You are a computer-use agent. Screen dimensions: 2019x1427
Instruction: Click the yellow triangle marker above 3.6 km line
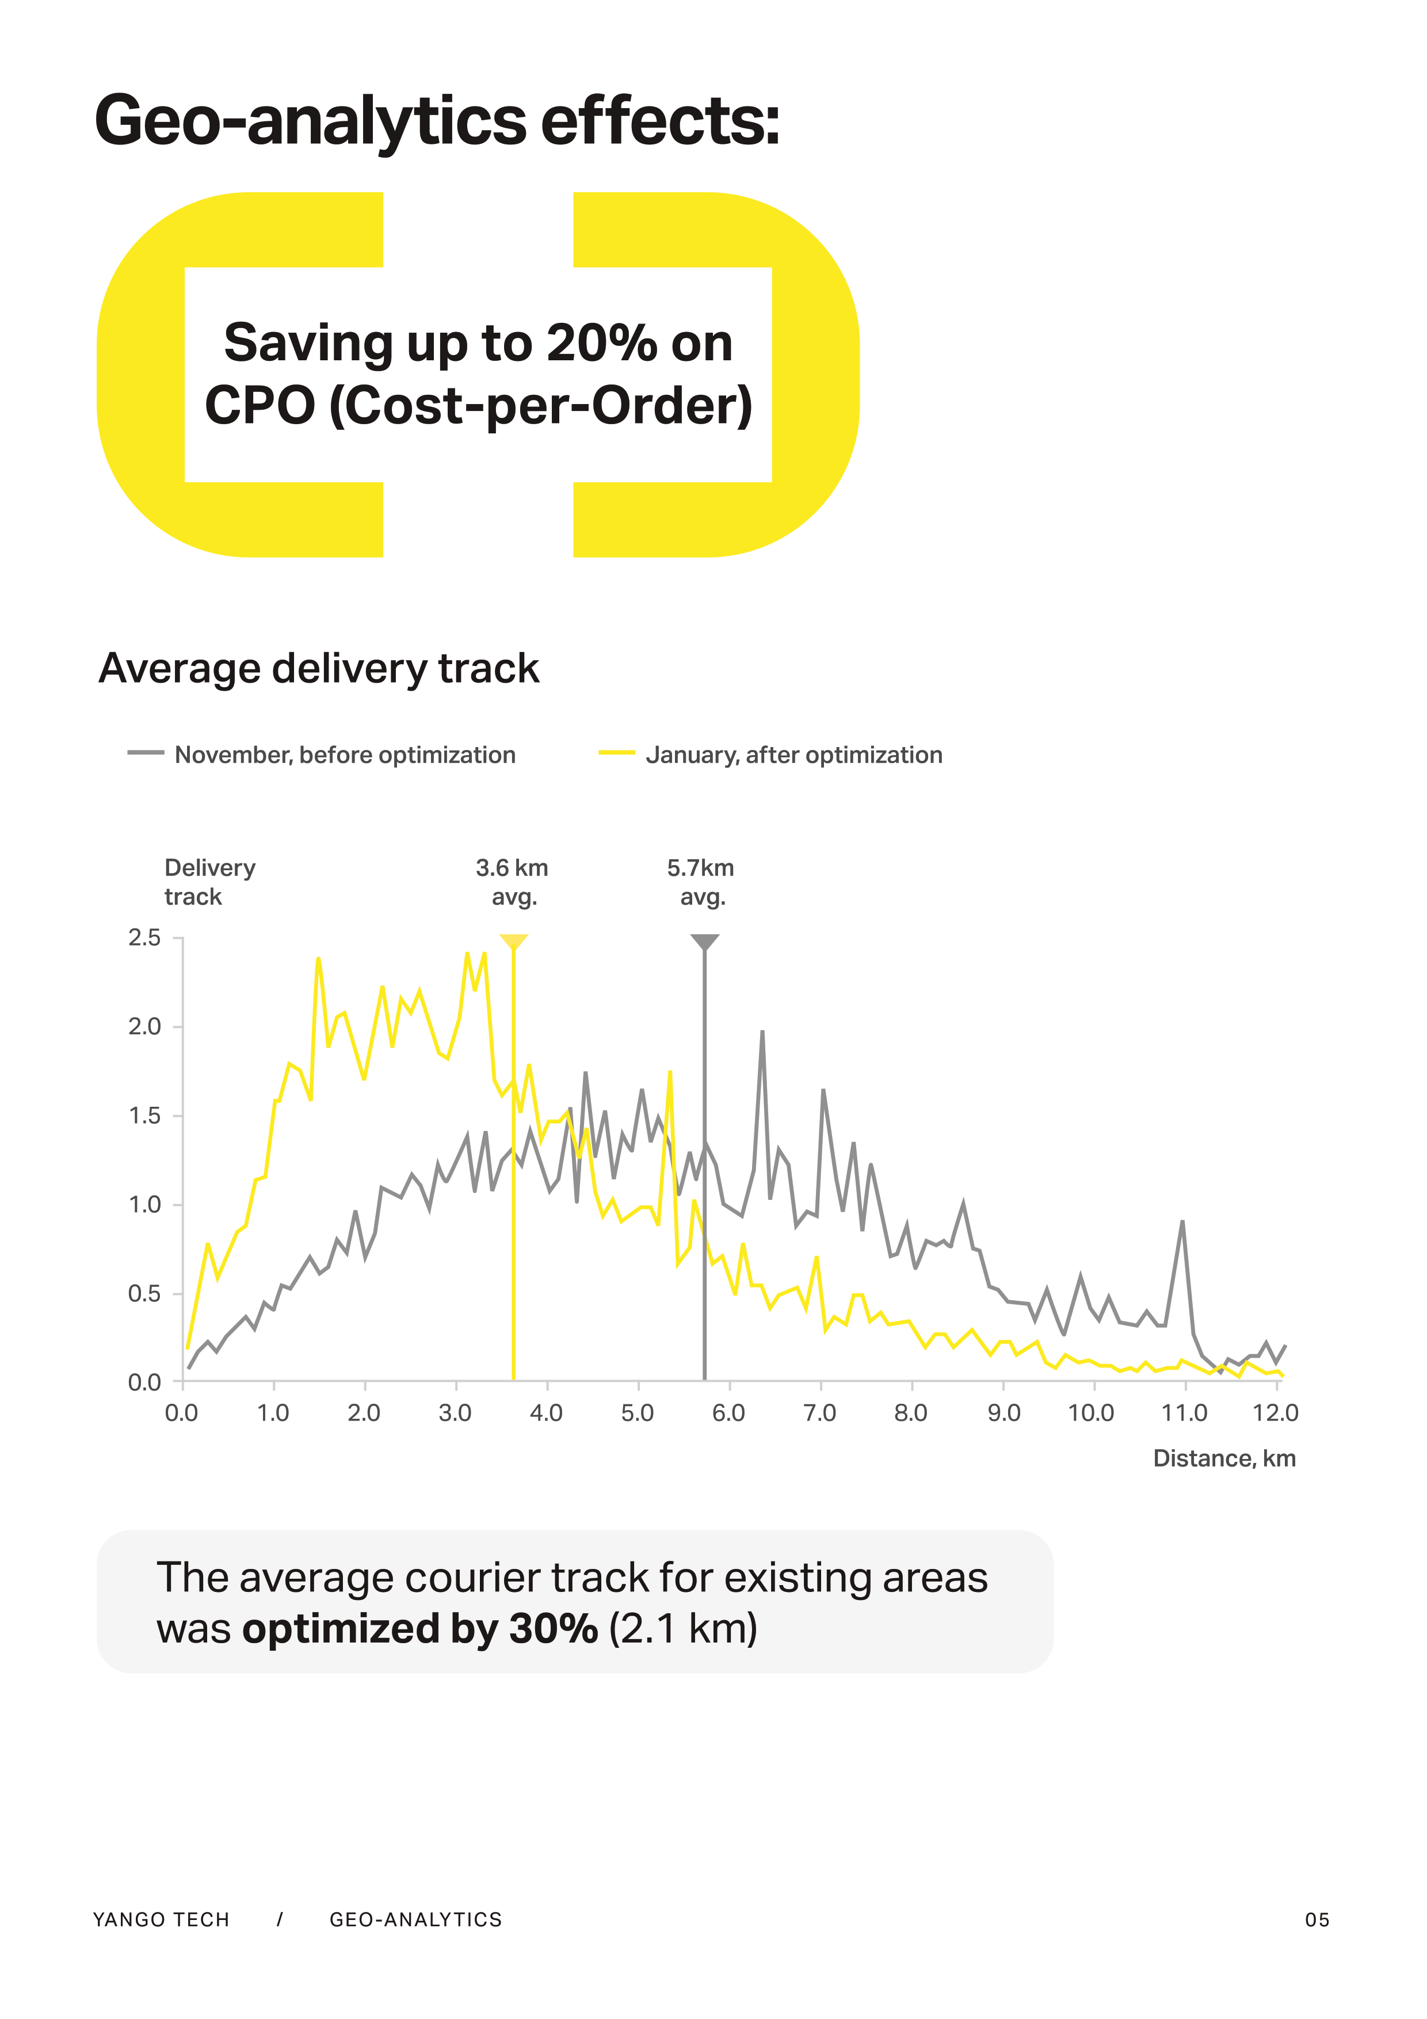pyautogui.click(x=513, y=942)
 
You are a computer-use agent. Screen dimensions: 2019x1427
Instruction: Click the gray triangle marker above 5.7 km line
pyautogui.click(x=704, y=942)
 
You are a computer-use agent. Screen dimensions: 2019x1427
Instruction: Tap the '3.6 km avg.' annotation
pyautogui.click(x=513, y=882)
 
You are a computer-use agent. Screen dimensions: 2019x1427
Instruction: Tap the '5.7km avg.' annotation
pyautogui.click(x=701, y=882)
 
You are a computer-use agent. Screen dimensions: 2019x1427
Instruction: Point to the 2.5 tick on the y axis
pyautogui.click(x=145, y=938)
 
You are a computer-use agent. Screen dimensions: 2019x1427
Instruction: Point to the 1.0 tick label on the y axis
pyautogui.click(x=145, y=1205)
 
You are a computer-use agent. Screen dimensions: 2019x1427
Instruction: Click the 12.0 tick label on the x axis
pyautogui.click(x=1275, y=1413)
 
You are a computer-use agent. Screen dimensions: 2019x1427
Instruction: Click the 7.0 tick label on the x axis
pyautogui.click(x=819, y=1413)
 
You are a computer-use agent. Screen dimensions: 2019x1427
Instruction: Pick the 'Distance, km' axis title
pyautogui.click(x=1224, y=1459)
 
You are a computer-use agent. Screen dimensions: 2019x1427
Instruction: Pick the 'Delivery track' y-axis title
pyautogui.click(x=209, y=882)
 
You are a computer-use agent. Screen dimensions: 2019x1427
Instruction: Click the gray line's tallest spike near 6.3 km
pyautogui.click(x=762, y=1033)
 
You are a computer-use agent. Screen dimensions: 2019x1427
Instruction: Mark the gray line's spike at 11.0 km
pyautogui.click(x=1182, y=1222)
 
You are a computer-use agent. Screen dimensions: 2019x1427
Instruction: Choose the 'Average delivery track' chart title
pyautogui.click(x=318, y=668)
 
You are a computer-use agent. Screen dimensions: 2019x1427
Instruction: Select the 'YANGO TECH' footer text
pyautogui.click(x=161, y=1919)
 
